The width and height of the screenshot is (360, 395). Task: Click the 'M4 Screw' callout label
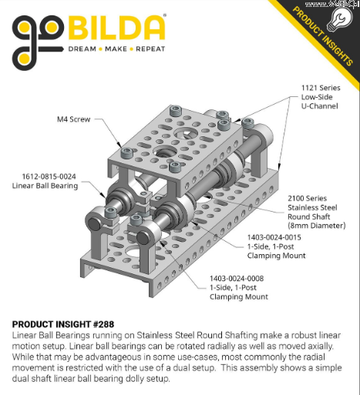coord(73,119)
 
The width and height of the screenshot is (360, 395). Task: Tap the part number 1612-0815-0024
coord(49,176)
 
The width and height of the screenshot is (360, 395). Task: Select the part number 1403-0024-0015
coord(274,237)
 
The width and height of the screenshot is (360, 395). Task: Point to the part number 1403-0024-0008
coord(237,279)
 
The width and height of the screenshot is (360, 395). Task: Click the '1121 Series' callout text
coord(321,88)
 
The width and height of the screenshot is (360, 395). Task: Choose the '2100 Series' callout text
coord(307,199)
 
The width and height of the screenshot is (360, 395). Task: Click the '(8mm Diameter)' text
coord(317,226)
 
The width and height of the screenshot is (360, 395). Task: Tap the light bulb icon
coord(340,19)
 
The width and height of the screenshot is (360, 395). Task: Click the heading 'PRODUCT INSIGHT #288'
coord(63,324)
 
